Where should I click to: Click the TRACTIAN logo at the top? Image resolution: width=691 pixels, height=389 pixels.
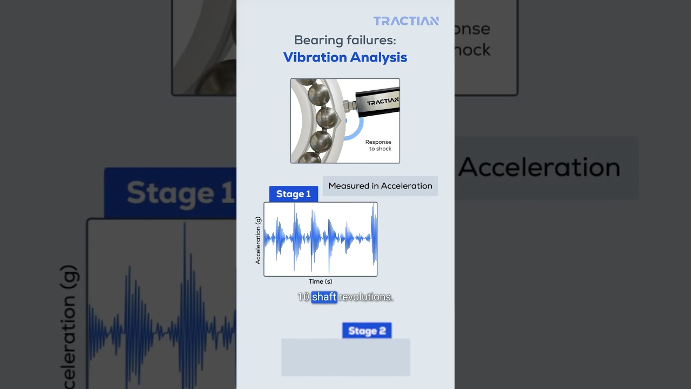pyautogui.click(x=406, y=21)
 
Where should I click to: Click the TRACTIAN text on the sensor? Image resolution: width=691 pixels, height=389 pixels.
pyautogui.click(x=383, y=101)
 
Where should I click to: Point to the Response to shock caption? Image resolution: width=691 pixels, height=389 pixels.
pyautogui.click(x=378, y=145)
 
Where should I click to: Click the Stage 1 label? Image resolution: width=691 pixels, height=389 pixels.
pyautogui.click(x=293, y=194)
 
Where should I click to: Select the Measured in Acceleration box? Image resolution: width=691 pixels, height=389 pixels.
pyautogui.click(x=380, y=186)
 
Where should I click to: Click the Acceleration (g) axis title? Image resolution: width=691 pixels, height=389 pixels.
pyautogui.click(x=258, y=240)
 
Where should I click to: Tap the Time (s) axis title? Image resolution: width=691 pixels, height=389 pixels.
pyautogui.click(x=320, y=281)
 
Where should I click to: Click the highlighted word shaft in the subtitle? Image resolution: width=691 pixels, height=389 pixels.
pyautogui.click(x=324, y=297)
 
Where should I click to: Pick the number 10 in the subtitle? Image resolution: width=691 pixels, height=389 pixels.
pyautogui.click(x=303, y=297)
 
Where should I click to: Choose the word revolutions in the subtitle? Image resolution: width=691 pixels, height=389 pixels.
pyautogui.click(x=366, y=297)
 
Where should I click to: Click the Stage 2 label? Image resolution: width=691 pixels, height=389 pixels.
pyautogui.click(x=367, y=331)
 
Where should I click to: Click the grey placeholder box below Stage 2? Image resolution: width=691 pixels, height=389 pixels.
pyautogui.click(x=345, y=357)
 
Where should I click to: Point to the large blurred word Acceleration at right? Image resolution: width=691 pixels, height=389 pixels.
pyautogui.click(x=540, y=167)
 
